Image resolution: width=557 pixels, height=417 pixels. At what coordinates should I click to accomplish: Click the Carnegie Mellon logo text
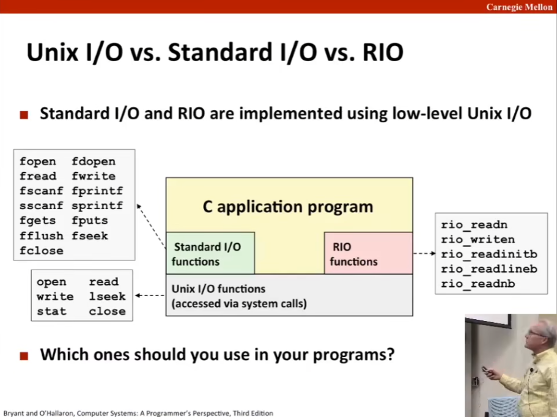pyautogui.click(x=519, y=7)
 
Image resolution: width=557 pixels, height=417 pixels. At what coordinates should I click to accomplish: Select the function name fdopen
pyautogui.click(x=94, y=161)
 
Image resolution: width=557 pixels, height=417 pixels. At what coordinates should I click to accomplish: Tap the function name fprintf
pyautogui.click(x=97, y=191)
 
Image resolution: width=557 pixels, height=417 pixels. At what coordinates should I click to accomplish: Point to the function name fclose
pyautogui.click(x=41, y=251)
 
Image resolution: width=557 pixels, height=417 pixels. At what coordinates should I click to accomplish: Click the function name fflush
pyautogui.click(x=41, y=235)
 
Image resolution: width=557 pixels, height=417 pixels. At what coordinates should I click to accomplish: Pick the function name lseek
pyautogui.click(x=107, y=296)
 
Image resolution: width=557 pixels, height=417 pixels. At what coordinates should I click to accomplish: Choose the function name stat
pyautogui.click(x=51, y=311)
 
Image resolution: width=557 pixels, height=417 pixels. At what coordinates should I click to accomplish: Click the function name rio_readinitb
pyautogui.click(x=489, y=254)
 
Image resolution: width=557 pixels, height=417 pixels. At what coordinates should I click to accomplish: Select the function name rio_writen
pyautogui.click(x=478, y=240)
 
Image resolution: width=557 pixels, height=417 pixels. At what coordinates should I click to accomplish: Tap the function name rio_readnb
pyautogui.click(x=478, y=284)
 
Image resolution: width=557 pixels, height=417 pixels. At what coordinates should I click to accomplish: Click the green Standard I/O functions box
pyautogui.click(x=210, y=253)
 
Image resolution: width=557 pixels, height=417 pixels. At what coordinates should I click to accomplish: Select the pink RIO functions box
pyautogui.click(x=368, y=253)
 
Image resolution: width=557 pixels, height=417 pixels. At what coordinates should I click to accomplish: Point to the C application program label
pyautogui.click(x=288, y=207)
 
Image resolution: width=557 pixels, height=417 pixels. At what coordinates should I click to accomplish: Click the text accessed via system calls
pyautogui.click(x=239, y=304)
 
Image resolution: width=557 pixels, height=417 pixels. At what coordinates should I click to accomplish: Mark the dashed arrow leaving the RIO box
pyautogui.click(x=424, y=253)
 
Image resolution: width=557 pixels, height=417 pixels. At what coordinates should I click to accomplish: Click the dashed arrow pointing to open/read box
pyautogui.click(x=150, y=295)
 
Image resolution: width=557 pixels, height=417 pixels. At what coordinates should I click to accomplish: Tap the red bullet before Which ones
pyautogui.click(x=24, y=356)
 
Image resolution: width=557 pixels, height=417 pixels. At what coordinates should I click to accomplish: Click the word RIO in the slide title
pyautogui.click(x=383, y=53)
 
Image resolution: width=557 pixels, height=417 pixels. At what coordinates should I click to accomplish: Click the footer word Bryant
pyautogui.click(x=13, y=413)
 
